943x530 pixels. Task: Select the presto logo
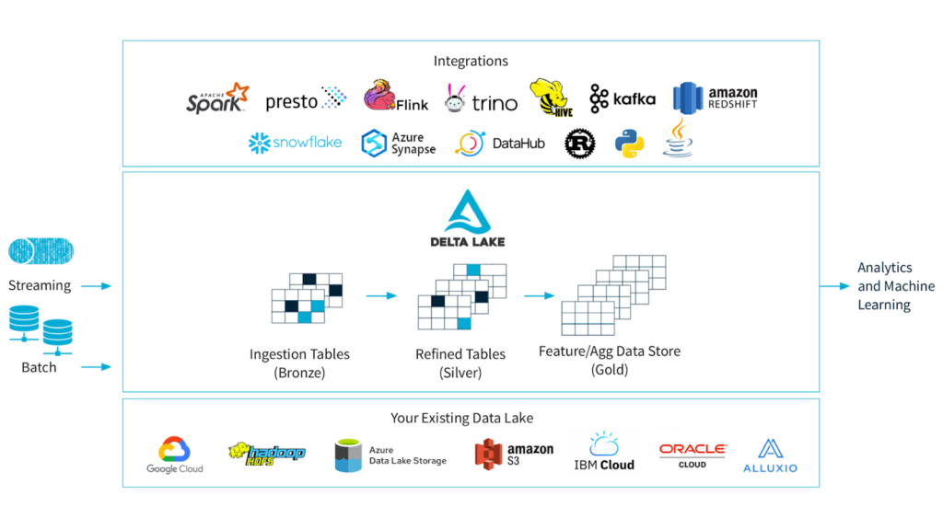(306, 100)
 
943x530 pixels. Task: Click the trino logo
(481, 99)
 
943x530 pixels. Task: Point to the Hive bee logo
(551, 98)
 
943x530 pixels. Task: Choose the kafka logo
(623, 98)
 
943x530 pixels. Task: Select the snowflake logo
(295, 143)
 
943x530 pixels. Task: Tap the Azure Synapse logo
(398, 144)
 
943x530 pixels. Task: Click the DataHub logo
(500, 144)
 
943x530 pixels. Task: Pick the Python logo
(630, 144)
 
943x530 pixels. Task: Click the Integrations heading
(471, 61)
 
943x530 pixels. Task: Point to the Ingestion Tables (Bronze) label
(299, 363)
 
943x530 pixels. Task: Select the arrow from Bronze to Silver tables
(380, 296)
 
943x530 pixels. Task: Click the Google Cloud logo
(175, 455)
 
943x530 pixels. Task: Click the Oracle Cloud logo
(693, 455)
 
